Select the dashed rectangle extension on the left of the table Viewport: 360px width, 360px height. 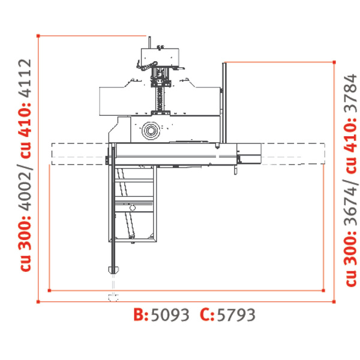coord(78,154)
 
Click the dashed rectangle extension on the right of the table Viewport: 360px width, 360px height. coord(294,154)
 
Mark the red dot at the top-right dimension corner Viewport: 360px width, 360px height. coord(333,61)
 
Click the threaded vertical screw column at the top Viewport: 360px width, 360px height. coord(160,96)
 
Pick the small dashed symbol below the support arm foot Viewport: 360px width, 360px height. coord(112,295)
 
